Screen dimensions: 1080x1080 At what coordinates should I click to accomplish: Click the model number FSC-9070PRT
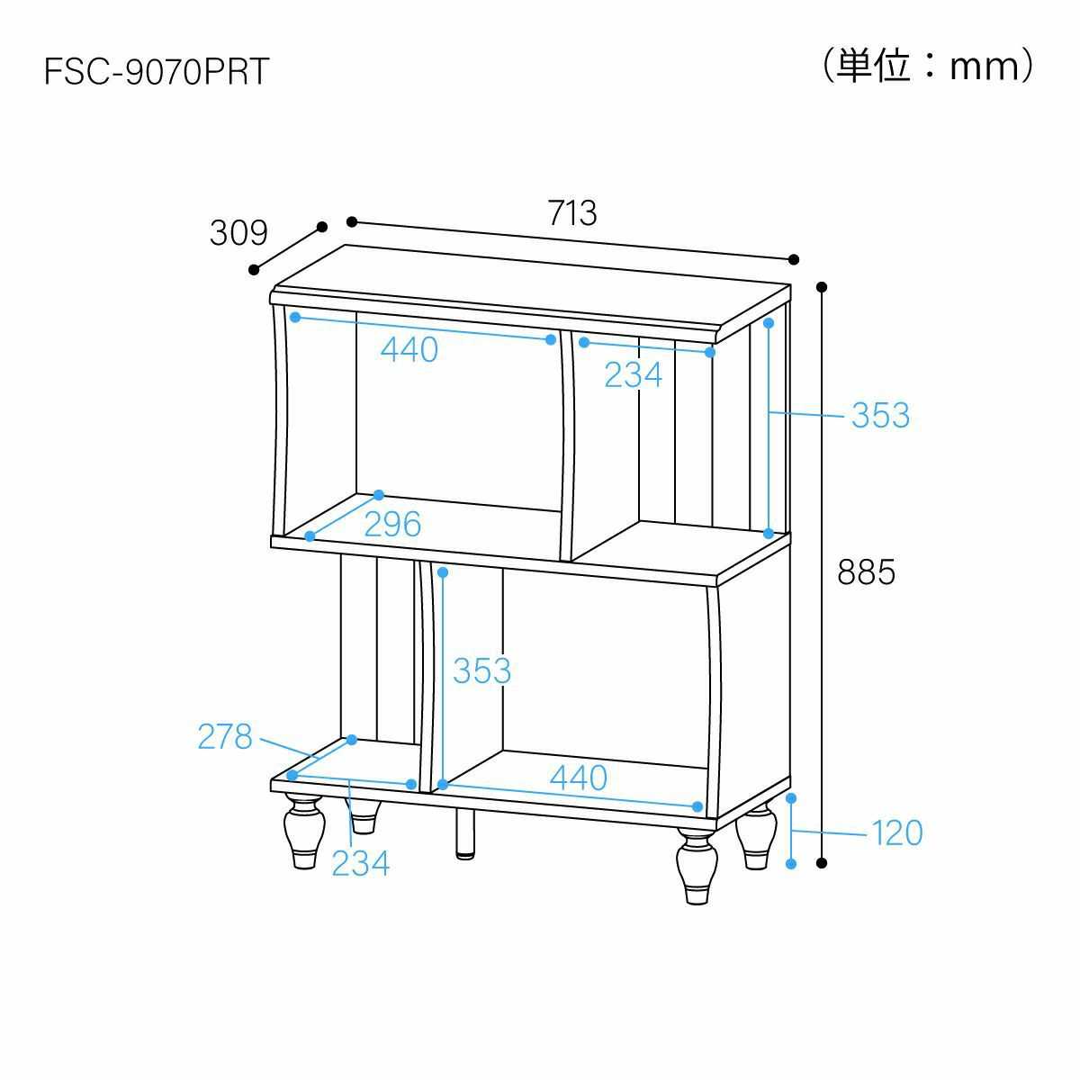tap(157, 71)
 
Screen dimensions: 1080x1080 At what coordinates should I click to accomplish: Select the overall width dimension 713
tap(572, 213)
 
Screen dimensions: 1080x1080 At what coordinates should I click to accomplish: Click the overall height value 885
tap(866, 572)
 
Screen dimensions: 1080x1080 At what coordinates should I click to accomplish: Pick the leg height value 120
tap(897, 832)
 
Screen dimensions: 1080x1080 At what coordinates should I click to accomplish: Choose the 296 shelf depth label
tap(392, 524)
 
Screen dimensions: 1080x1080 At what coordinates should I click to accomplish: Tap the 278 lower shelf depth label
tap(225, 736)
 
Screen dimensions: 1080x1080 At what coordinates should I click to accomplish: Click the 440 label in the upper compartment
tap(409, 350)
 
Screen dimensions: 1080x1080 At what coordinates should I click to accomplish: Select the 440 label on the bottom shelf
tap(579, 778)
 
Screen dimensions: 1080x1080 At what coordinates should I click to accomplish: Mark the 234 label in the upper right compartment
tap(634, 375)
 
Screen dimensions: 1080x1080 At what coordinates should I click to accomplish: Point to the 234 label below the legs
tap(360, 864)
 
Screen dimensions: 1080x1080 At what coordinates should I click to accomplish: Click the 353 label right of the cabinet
tap(880, 415)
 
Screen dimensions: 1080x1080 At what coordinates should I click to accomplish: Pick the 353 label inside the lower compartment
tap(482, 670)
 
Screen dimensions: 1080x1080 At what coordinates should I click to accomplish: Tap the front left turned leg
tap(304, 831)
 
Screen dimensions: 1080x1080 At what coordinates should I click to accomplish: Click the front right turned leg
tap(697, 866)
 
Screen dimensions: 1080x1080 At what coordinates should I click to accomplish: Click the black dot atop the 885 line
tap(822, 287)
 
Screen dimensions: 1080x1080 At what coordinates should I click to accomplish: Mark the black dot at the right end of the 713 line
tap(793, 259)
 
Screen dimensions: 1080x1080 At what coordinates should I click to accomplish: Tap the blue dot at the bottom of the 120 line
tap(791, 864)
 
